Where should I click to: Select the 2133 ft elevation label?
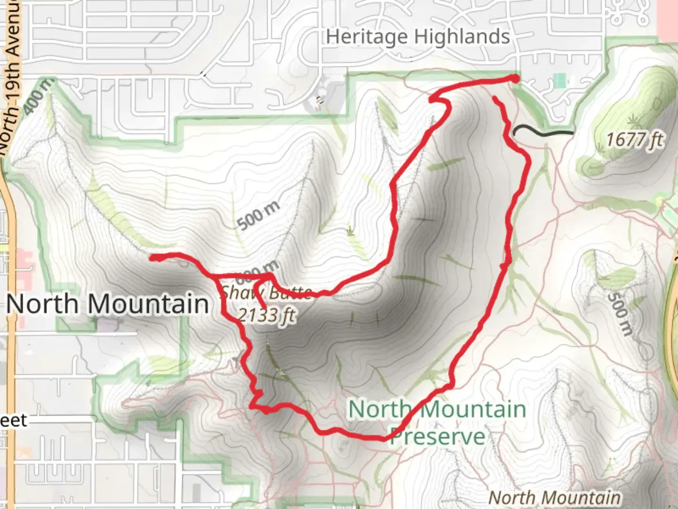pyautogui.click(x=266, y=314)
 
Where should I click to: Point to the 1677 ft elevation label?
pyautogui.click(x=635, y=140)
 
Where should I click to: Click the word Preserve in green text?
pyautogui.click(x=437, y=436)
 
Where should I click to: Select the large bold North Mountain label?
pyautogui.click(x=108, y=304)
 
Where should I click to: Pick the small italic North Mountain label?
pyautogui.click(x=554, y=498)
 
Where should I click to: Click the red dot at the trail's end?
pyautogui.click(x=515, y=79)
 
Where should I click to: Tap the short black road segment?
pyautogui.click(x=544, y=132)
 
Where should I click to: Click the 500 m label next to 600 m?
pyautogui.click(x=258, y=215)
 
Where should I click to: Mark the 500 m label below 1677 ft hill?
pyautogui.click(x=619, y=313)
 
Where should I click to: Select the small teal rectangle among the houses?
pyautogui.click(x=560, y=81)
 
